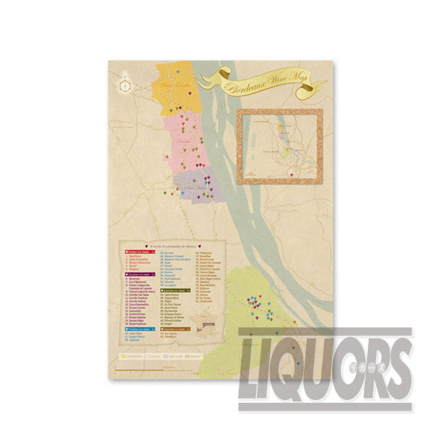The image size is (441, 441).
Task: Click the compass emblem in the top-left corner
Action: (x=125, y=84)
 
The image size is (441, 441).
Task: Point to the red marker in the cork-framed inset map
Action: (x=301, y=176)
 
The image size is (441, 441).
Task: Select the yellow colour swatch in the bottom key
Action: (x=123, y=356)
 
